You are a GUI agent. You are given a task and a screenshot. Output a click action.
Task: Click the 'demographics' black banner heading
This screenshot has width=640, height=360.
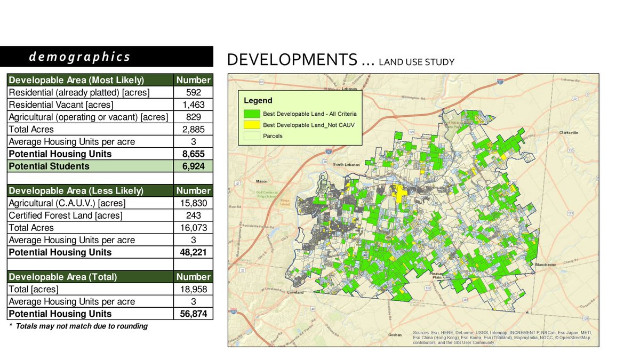(106, 57)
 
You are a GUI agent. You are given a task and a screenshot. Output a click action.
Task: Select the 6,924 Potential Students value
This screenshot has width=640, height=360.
(193, 166)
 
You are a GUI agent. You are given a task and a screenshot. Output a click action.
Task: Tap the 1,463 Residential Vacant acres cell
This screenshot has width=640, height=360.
(193, 105)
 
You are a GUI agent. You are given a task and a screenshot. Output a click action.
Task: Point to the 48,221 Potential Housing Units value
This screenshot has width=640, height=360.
(193, 252)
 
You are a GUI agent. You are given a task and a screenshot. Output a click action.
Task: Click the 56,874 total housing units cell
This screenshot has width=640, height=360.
(193, 314)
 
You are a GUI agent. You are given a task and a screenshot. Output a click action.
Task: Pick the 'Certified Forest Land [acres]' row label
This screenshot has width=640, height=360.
(66, 215)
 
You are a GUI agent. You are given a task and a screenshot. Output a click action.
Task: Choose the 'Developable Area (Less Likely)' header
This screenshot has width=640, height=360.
(76, 190)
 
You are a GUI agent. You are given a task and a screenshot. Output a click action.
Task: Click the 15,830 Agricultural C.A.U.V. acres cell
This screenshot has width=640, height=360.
(193, 203)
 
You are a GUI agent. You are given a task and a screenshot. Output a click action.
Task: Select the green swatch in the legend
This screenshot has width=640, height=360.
(252, 114)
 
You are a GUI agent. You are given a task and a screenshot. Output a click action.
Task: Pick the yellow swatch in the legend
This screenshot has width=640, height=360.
(252, 125)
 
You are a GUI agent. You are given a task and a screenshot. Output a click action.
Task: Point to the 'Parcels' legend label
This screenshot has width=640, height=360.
(273, 136)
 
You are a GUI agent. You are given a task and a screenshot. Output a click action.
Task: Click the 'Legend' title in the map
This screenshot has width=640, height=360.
(258, 100)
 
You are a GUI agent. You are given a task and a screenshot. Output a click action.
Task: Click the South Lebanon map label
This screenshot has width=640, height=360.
(347, 164)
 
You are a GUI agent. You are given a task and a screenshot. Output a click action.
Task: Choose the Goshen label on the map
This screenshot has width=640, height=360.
(395, 335)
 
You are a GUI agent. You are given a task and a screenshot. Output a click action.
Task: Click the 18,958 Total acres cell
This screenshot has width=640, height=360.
(193, 289)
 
